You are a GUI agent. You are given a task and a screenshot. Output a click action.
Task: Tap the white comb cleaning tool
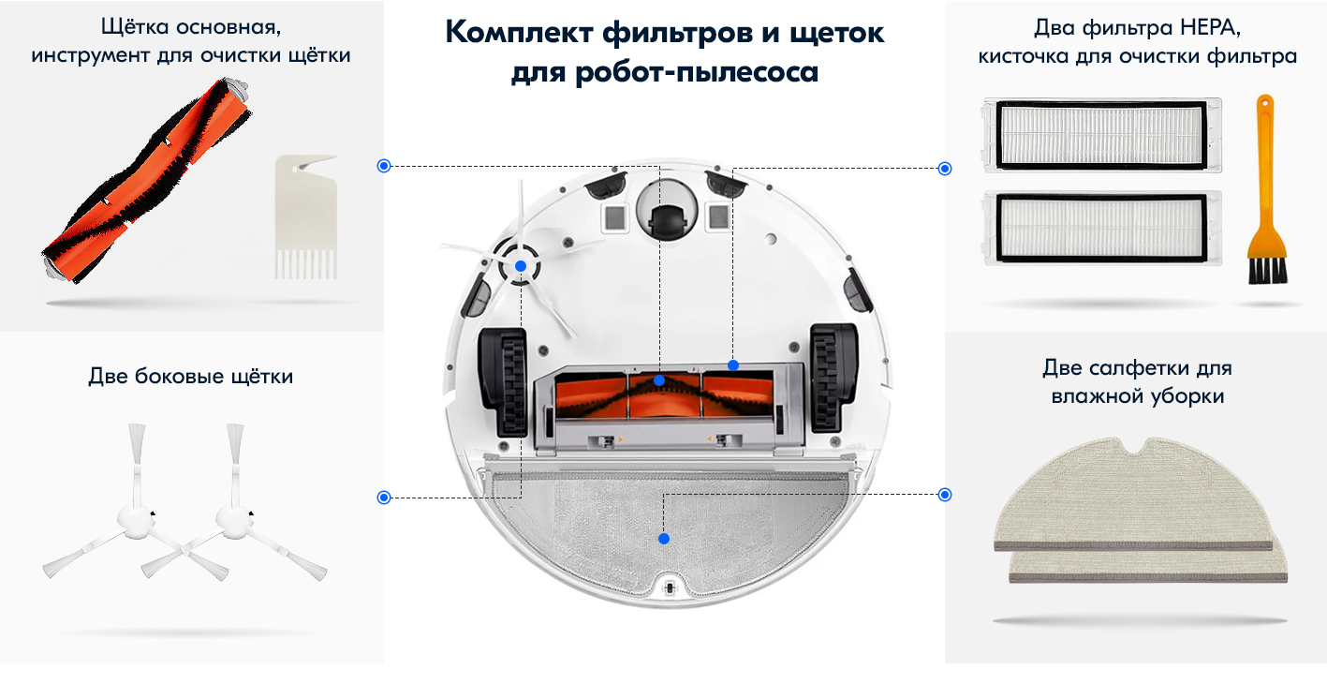306,217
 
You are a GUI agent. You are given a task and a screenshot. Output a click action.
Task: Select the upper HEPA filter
1102,136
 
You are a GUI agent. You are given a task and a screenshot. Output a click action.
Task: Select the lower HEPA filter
1102,228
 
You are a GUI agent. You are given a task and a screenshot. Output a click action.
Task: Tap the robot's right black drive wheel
833,378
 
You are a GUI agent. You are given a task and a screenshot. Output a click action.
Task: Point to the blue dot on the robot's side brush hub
521,266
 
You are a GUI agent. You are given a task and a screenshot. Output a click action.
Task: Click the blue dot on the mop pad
664,539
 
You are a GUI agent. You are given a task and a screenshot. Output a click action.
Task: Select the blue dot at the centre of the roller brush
659,380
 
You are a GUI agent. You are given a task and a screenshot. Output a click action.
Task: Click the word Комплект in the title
519,32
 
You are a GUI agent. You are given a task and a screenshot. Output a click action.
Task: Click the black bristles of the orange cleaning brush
1268,270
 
